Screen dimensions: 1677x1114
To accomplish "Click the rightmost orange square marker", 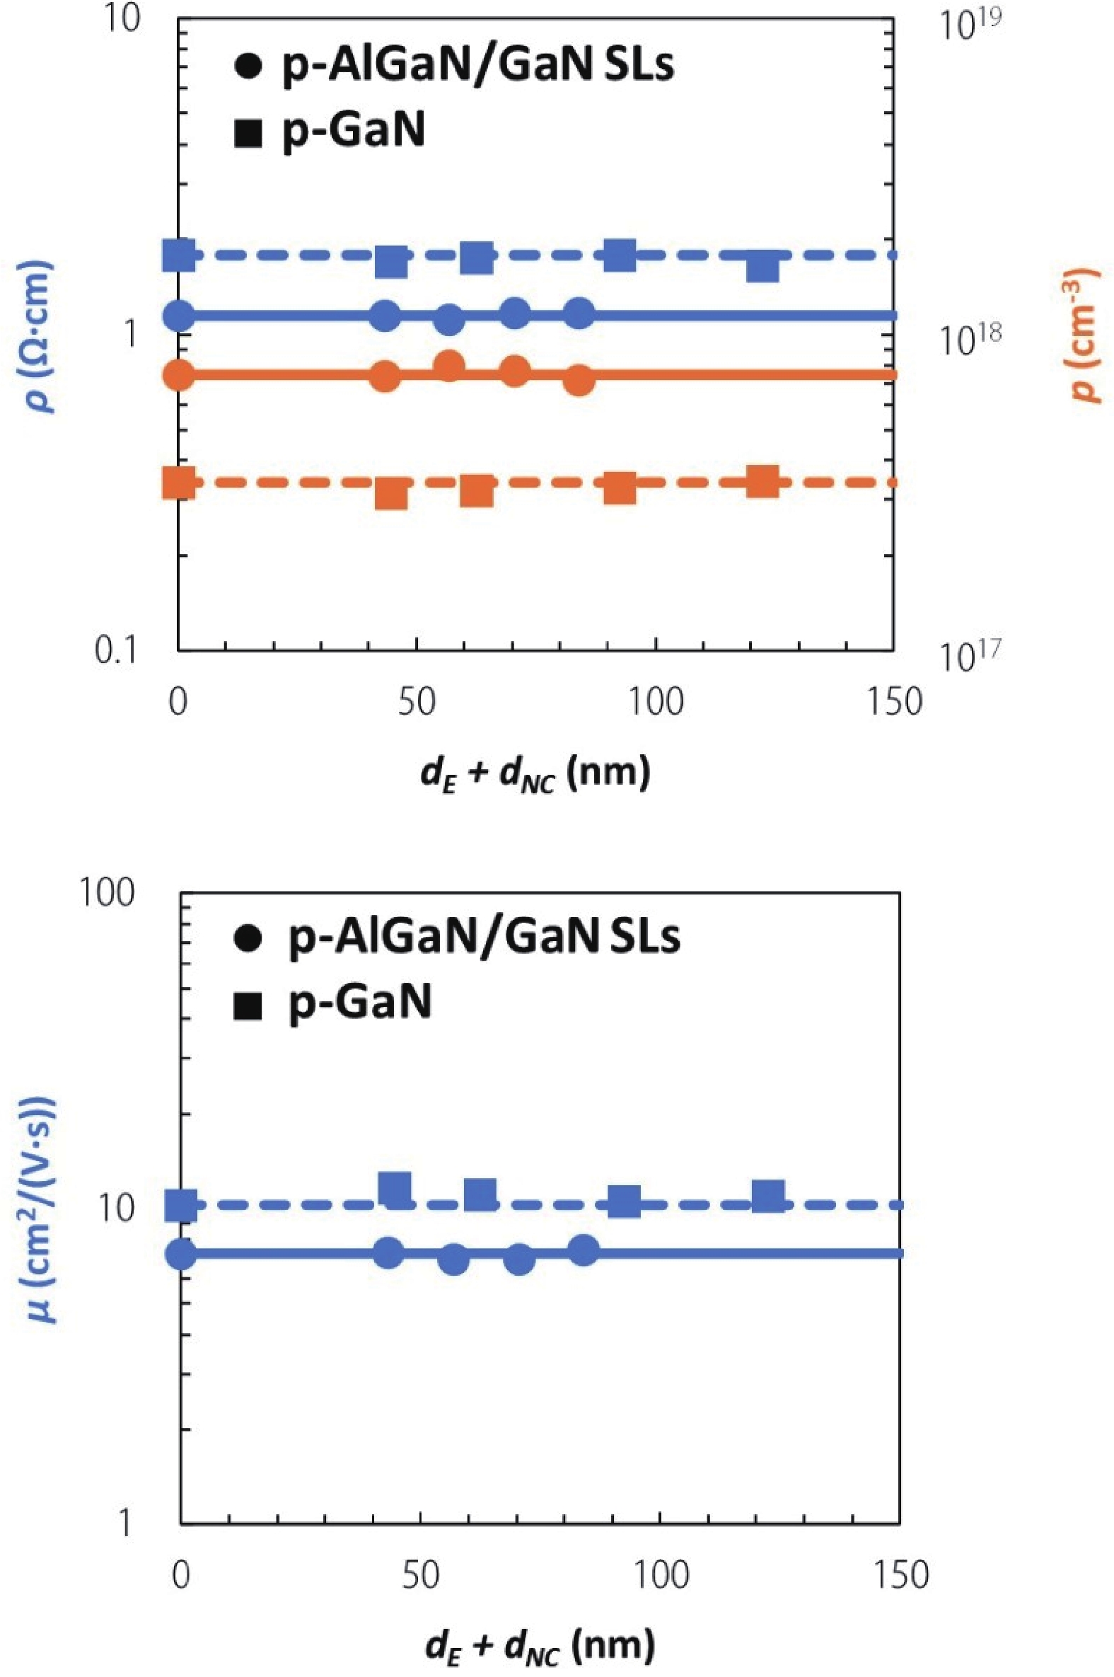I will [763, 481].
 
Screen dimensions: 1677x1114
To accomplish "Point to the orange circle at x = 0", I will [179, 374].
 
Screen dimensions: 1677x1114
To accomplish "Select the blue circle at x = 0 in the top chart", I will [179, 315].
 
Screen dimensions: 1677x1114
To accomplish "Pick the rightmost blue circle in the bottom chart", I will [584, 1249].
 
